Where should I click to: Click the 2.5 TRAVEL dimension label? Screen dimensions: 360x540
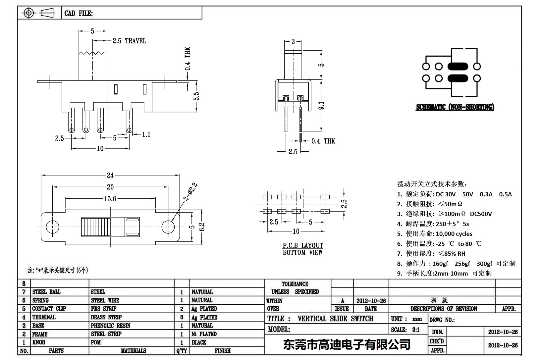coord(129,41)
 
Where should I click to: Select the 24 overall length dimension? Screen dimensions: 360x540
coord(110,175)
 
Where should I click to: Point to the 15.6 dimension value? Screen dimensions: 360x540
coord(110,199)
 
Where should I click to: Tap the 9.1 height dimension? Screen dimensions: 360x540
coord(321,105)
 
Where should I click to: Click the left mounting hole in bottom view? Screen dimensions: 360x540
coord(52,227)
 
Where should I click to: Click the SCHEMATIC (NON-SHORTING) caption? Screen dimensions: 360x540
coord(455,107)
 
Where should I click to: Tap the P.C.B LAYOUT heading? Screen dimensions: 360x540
coord(302,245)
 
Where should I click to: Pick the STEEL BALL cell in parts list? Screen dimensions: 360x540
coord(46,292)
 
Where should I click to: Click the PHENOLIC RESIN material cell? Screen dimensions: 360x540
coord(110,326)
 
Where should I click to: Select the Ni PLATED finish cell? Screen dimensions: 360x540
coord(204,334)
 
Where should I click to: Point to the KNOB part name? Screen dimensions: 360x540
coord(39,342)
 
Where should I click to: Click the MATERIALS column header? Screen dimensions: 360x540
coord(133,351)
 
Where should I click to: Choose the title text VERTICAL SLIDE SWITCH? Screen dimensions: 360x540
coord(335,319)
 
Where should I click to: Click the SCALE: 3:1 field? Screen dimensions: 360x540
coord(405,330)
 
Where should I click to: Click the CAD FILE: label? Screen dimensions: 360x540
coord(79,13)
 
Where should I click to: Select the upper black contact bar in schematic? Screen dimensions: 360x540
coord(458,66)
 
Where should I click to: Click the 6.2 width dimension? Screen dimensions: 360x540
coord(202,227)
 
